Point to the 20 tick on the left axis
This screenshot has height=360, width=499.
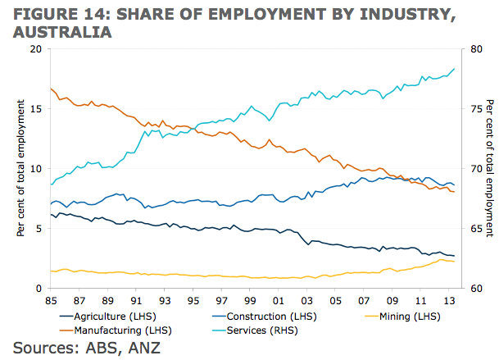click(x=35, y=48)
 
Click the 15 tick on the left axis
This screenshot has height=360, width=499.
click(x=35, y=108)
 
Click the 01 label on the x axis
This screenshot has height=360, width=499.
click(x=279, y=301)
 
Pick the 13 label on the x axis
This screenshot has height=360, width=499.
click(x=449, y=301)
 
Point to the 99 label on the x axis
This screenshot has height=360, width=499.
click(x=250, y=301)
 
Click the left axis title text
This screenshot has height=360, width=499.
click(x=20, y=168)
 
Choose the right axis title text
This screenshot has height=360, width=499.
click(x=490, y=168)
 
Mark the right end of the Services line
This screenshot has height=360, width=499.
click(x=454, y=69)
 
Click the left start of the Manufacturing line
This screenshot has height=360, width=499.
click(x=51, y=89)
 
